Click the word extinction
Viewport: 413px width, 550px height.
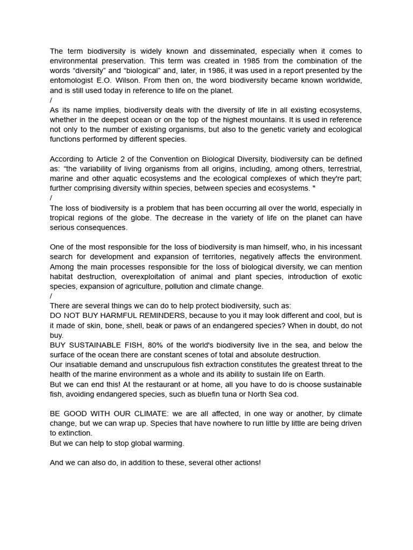pos(75,433)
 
